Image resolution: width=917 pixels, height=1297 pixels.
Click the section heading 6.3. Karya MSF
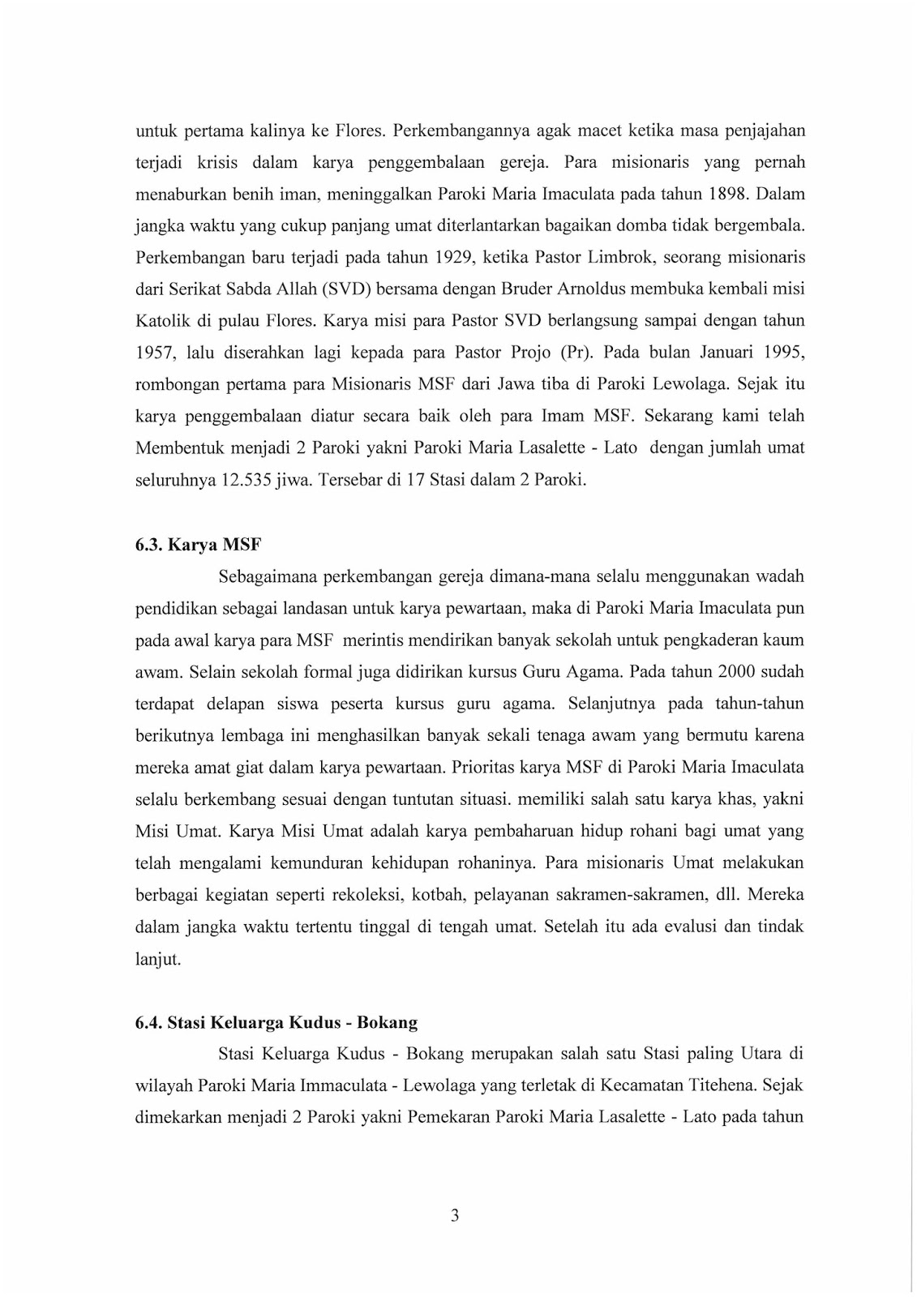click(198, 545)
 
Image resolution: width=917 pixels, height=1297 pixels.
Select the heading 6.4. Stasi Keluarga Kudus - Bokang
click(276, 1022)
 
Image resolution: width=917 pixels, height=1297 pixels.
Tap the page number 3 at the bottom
click(455, 1215)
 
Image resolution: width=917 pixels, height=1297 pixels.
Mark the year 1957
click(152, 353)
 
